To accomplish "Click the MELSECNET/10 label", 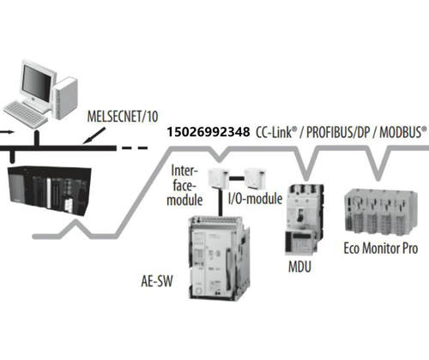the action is click(x=123, y=117).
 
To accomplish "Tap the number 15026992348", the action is click(x=208, y=132).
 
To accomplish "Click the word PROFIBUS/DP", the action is click(x=338, y=132).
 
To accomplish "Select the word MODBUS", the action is click(x=401, y=132).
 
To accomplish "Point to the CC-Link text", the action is click(x=274, y=132).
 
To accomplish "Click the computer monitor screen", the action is click(x=37, y=81).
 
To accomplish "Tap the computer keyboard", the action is click(x=25, y=115).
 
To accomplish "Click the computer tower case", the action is click(x=66, y=98).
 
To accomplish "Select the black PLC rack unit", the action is click(x=50, y=190).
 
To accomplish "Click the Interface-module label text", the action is click(x=184, y=185).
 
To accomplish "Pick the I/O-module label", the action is click(x=255, y=198).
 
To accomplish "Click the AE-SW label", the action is click(x=157, y=281).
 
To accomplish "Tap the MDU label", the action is click(x=299, y=267).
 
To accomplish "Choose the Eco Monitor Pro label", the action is click(x=381, y=248).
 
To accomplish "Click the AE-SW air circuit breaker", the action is click(x=220, y=258).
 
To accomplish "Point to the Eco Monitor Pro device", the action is click(x=381, y=213).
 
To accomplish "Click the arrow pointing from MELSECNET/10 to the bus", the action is click(x=94, y=135).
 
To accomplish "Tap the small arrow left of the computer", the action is click(x=7, y=132).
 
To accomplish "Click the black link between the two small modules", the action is click(x=237, y=178).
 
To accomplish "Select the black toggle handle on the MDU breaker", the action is click(x=299, y=214).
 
